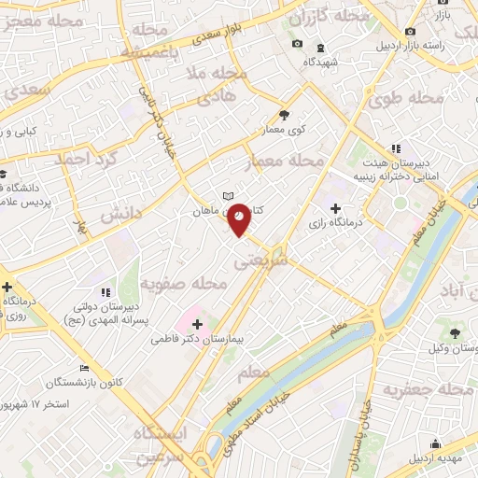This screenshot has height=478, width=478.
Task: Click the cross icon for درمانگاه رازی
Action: pos(334,207)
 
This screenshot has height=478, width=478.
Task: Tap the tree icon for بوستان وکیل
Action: pos(455,333)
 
